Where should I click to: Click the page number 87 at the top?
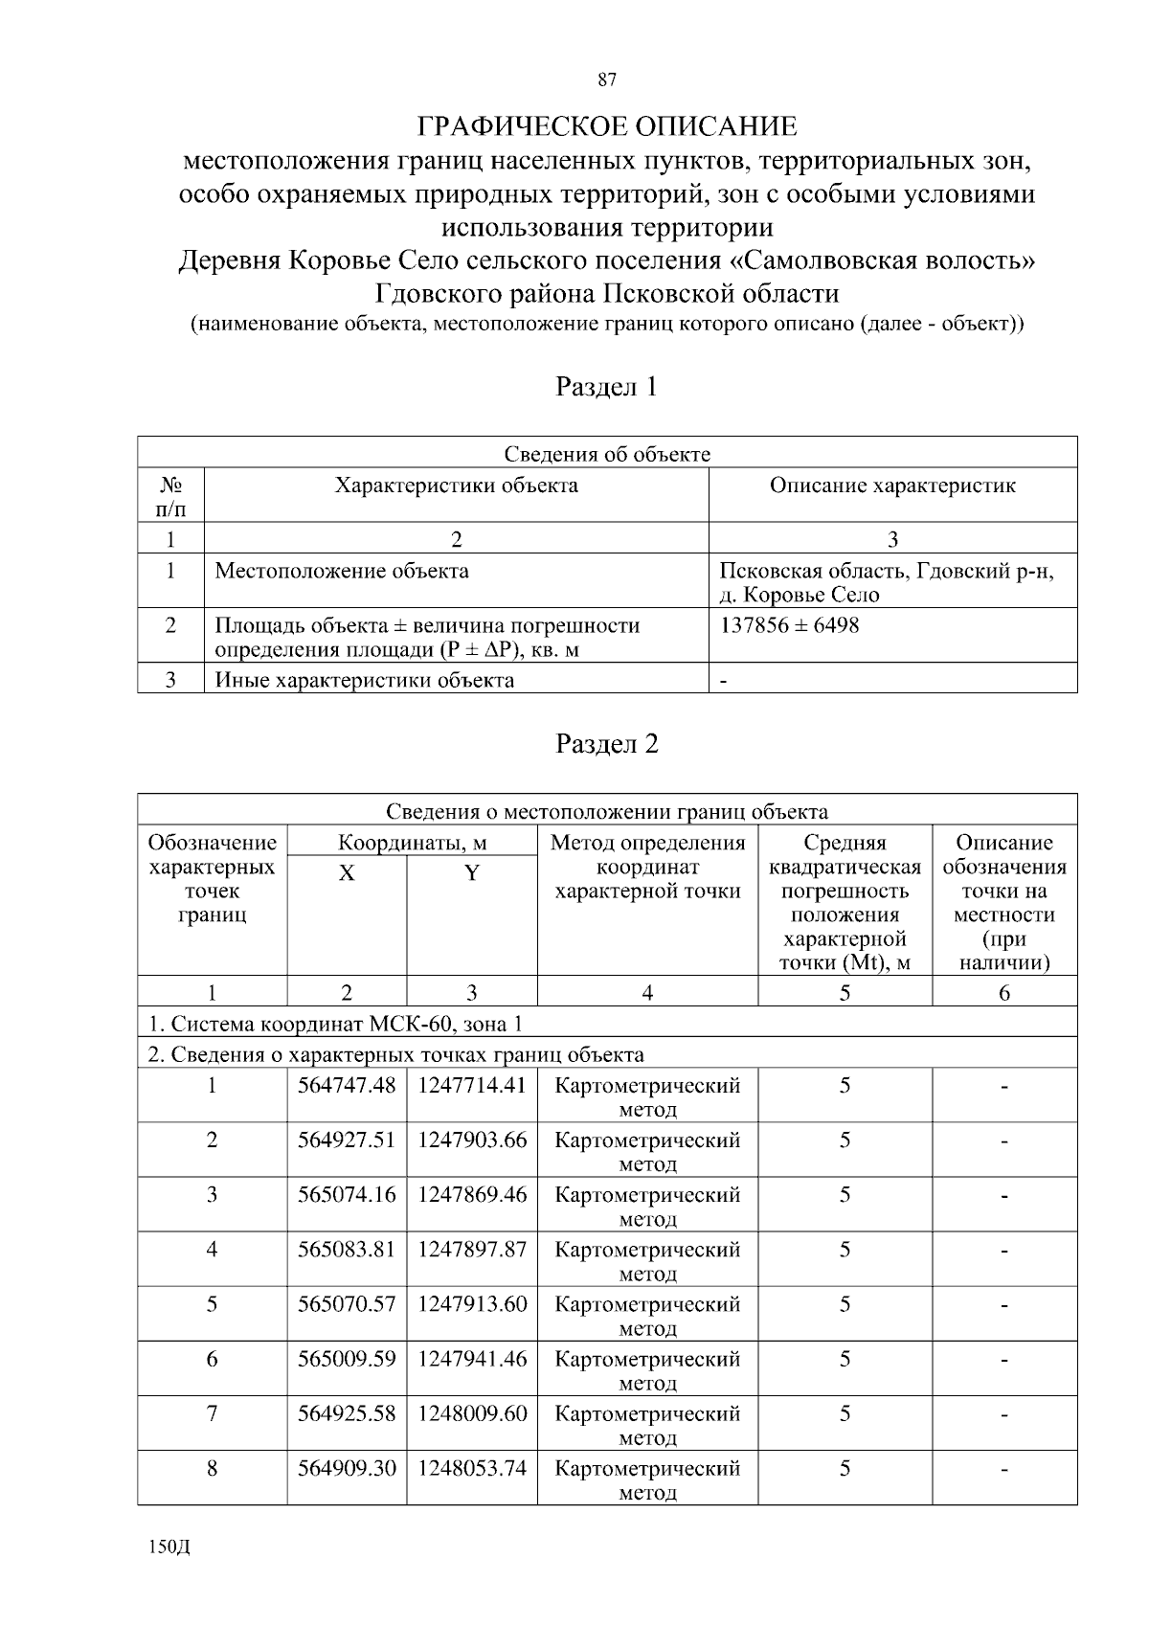click(607, 80)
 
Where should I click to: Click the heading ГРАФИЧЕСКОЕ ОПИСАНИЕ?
click(607, 126)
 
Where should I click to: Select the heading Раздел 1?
click(607, 387)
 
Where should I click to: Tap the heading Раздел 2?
click(607, 744)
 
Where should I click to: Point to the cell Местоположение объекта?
click(342, 572)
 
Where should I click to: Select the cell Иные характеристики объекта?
click(364, 681)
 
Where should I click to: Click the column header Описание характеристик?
click(892, 486)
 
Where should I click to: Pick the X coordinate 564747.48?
click(347, 1086)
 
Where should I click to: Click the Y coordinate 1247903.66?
click(472, 1140)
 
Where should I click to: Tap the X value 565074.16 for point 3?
click(347, 1195)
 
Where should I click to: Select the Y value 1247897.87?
click(472, 1250)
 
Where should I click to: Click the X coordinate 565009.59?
click(347, 1359)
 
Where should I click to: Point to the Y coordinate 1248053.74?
click(472, 1468)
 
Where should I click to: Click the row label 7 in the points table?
click(212, 1413)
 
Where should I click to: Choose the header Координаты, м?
click(412, 844)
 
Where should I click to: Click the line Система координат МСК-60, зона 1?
click(335, 1025)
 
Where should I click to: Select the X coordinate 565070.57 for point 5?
click(347, 1304)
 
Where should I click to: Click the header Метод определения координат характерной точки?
click(647, 868)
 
